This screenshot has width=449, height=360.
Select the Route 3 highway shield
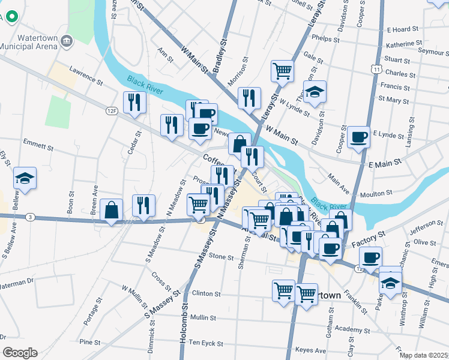(x=28, y=216)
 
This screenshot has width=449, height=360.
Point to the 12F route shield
(x=111, y=110)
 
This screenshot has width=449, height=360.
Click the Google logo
(x=20, y=352)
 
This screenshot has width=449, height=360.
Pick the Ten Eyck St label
(x=206, y=343)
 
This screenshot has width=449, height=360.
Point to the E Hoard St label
(x=402, y=29)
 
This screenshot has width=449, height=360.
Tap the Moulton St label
(x=376, y=194)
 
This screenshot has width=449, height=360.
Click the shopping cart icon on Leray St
(x=282, y=71)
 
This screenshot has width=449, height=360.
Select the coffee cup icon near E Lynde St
(x=359, y=136)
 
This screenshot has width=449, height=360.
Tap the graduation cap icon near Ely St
(x=25, y=178)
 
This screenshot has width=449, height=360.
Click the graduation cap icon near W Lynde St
(x=315, y=92)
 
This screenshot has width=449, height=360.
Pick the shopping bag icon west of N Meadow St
(x=112, y=210)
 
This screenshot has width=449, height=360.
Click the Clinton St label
(x=206, y=295)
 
